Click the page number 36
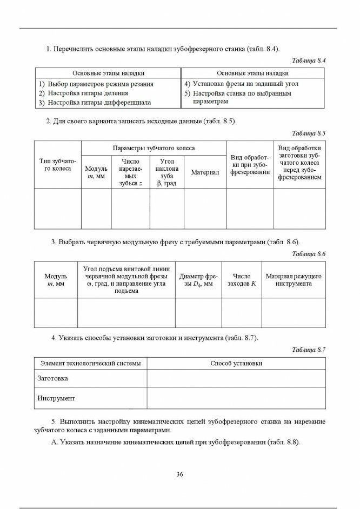180,474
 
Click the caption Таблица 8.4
309,61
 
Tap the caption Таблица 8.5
309,133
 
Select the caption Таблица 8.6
309,254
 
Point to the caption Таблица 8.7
309,350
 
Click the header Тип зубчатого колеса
58,165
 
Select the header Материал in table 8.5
205,172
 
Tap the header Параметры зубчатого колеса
154,148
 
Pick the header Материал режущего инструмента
294,280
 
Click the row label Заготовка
52,379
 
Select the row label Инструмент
56,399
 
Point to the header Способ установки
236,364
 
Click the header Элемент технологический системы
90,364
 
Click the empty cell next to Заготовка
236,379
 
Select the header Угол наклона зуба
167,172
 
